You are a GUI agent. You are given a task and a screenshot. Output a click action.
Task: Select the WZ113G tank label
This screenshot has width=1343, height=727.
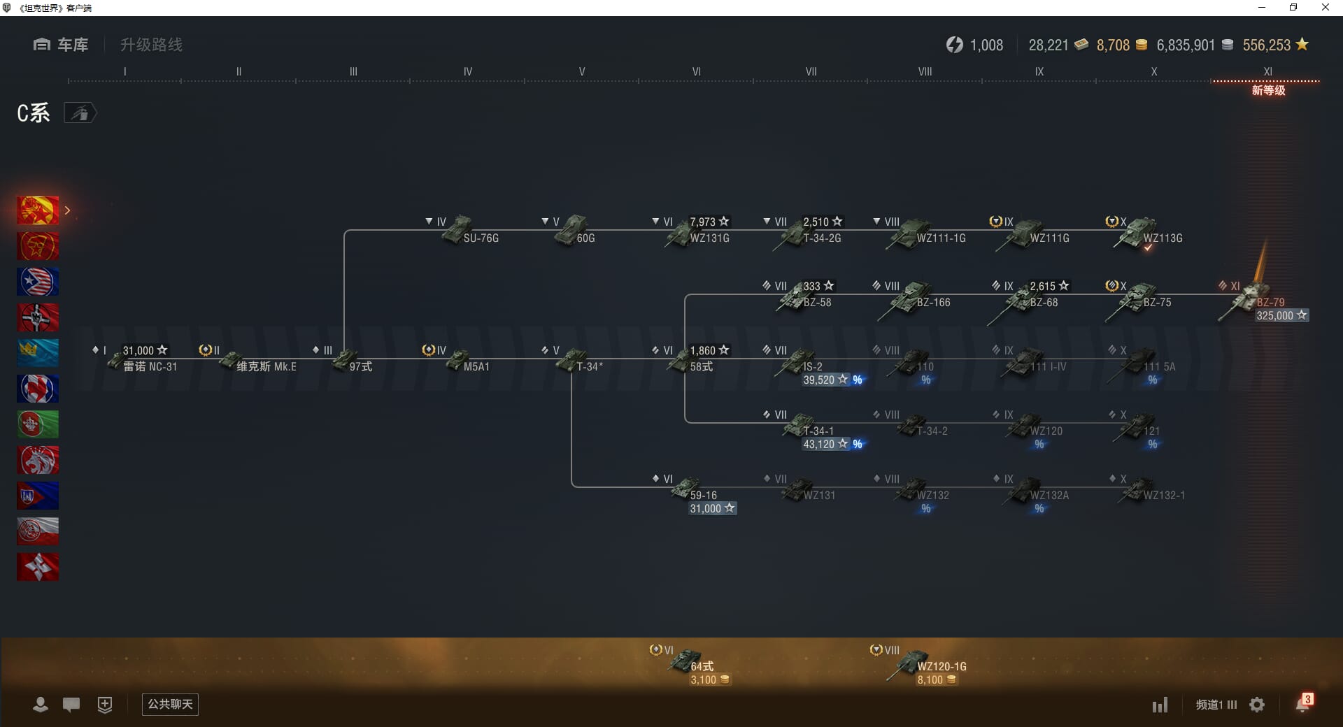pos(1163,238)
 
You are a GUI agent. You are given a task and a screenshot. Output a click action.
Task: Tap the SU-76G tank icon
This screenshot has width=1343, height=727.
pos(457,230)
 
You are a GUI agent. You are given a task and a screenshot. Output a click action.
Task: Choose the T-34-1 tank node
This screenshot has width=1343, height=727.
pos(801,426)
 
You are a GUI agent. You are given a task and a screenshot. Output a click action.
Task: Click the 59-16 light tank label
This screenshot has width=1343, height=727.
pos(703,496)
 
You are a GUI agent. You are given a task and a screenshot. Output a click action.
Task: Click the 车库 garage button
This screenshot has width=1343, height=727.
pos(61,45)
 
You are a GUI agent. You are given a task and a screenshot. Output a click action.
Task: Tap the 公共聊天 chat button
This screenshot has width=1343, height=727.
pos(170,704)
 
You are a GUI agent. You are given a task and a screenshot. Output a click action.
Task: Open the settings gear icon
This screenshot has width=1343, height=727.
pos(1257,705)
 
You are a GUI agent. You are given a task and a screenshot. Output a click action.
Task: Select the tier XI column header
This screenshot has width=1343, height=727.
pos(1267,71)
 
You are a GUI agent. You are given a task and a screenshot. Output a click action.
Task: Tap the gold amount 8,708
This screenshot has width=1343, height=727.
pos(1113,45)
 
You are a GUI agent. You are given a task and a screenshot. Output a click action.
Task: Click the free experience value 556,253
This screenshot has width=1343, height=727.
pos(1266,45)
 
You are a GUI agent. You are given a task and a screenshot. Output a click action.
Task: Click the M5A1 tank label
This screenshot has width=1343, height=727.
pos(476,367)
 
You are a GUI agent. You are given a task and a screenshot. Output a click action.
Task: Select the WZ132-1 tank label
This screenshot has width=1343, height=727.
pos(1164,496)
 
